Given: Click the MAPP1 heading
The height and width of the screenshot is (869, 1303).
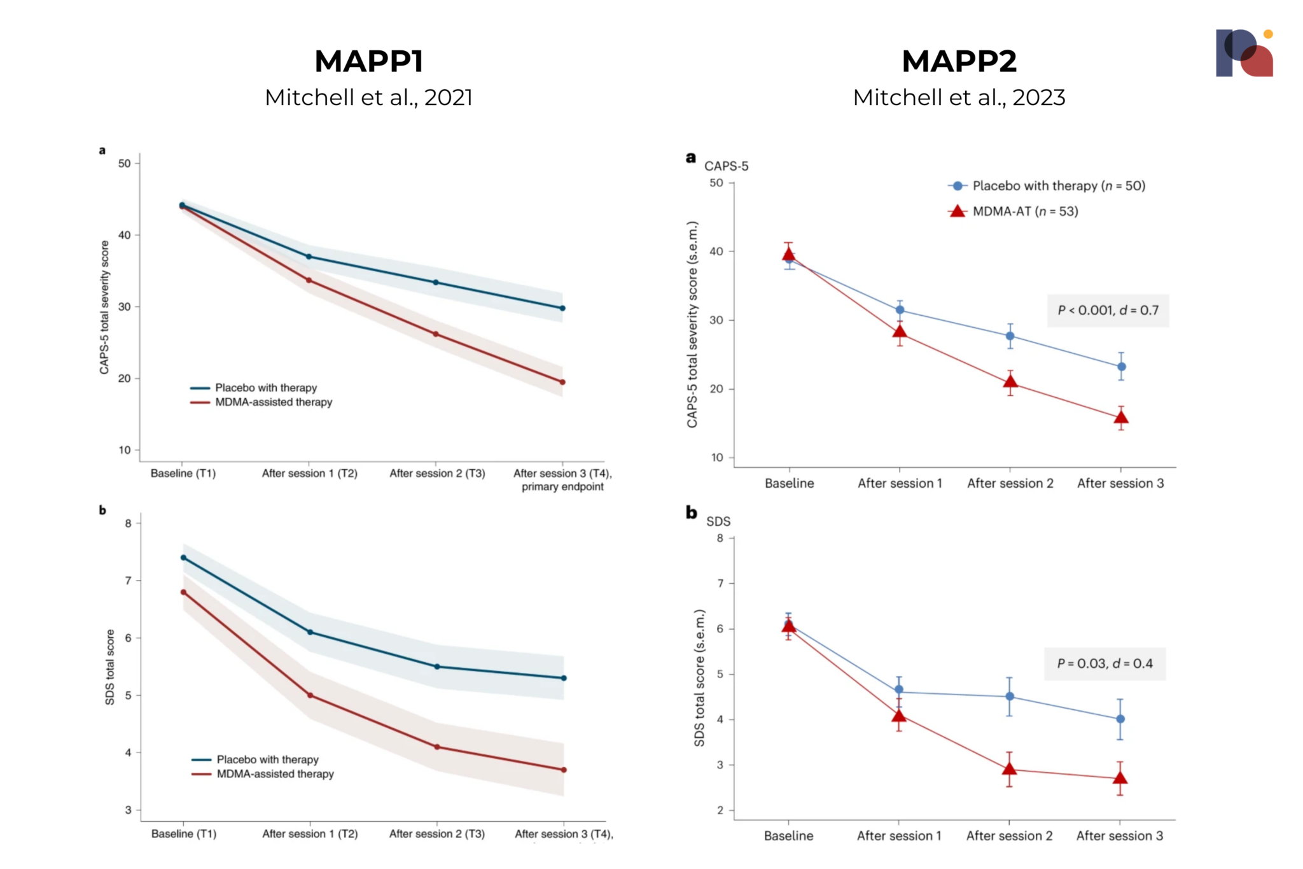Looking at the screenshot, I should point(368,61).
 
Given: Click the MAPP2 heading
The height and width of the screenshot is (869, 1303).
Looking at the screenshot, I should point(959,61).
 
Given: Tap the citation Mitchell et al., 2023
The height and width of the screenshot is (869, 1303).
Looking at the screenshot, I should point(959,97).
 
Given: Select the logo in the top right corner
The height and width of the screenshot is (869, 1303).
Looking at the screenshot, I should point(1244,53).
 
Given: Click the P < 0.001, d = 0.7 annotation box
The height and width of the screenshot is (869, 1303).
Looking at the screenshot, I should point(1108,311).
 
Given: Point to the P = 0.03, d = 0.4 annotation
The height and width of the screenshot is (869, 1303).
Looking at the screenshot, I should point(1104,663).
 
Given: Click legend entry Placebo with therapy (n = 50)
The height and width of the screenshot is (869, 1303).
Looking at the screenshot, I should point(1058,186).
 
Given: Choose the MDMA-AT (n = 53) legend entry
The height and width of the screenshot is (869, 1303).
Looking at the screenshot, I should point(1025,211).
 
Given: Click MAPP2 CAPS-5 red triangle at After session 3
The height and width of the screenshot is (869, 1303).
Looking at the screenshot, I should point(1121,418).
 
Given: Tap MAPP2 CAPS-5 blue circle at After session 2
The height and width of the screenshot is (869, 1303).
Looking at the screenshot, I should point(1010,336).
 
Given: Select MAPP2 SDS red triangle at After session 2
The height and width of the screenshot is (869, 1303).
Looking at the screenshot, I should point(1009,769).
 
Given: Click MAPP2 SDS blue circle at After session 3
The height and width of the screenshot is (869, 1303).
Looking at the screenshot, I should point(1120,719).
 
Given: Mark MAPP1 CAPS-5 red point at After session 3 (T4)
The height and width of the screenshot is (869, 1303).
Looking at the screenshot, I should point(562,382).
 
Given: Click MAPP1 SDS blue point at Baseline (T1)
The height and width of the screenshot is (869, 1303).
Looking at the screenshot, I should point(183,558).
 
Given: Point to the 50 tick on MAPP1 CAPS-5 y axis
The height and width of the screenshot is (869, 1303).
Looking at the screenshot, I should point(125,164).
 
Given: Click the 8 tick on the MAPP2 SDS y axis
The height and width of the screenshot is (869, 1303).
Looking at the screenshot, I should point(720,538).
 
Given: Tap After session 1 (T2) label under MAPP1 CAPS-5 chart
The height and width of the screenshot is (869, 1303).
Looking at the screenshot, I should point(309,473).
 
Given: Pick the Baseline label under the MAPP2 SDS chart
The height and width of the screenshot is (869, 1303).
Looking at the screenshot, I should point(788,835).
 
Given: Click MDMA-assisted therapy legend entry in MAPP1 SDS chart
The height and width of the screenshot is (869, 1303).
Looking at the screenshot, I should point(275,774).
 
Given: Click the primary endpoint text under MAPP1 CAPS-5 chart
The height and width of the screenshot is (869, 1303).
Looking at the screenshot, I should point(562,487).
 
